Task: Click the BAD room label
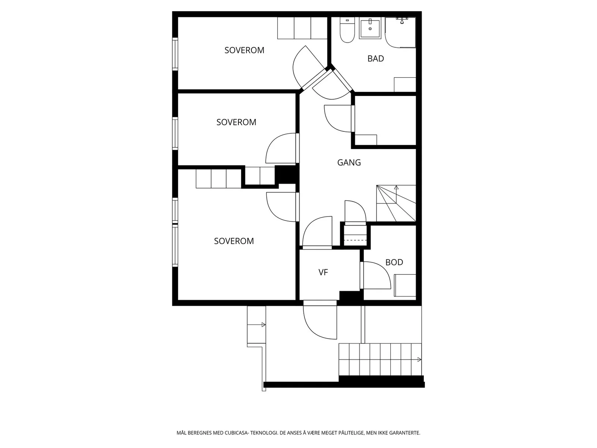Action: tap(375, 59)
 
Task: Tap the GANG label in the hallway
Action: tap(349, 162)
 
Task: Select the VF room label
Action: tap(323, 272)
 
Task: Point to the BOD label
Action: tap(394, 262)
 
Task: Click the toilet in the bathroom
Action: tap(347, 30)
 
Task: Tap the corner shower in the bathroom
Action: tap(400, 32)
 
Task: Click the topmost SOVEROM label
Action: tap(244, 50)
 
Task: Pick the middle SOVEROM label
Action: tap(236, 122)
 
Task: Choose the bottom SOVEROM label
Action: tap(234, 241)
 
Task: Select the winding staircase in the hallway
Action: tap(396, 203)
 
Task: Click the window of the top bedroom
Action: tap(175, 54)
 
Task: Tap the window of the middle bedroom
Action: tap(175, 134)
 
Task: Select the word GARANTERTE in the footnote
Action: tap(404, 433)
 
